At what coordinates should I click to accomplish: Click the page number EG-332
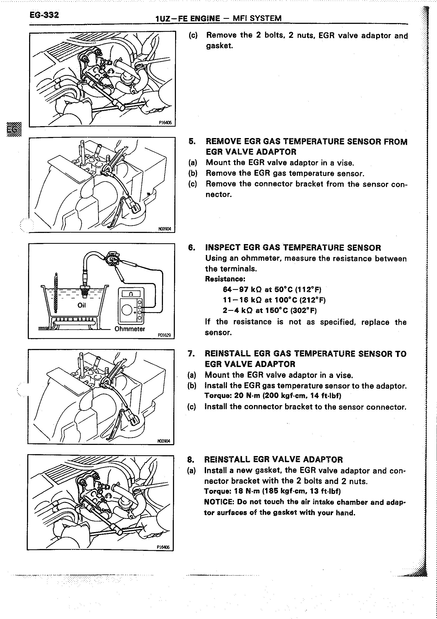pos(44,15)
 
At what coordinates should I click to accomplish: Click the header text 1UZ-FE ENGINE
pos(188,18)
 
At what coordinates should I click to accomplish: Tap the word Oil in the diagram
pos(81,305)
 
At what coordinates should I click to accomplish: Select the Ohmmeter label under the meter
pos(130,329)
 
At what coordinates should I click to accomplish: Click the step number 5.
pos(192,142)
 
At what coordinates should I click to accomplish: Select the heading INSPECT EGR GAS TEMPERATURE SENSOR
pos(293,248)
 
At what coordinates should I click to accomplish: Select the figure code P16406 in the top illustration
pos(165,123)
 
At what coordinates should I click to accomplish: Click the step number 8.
pos(190,460)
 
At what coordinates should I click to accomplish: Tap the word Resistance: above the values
pos(225,279)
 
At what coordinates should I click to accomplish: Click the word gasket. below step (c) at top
pos(219,46)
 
